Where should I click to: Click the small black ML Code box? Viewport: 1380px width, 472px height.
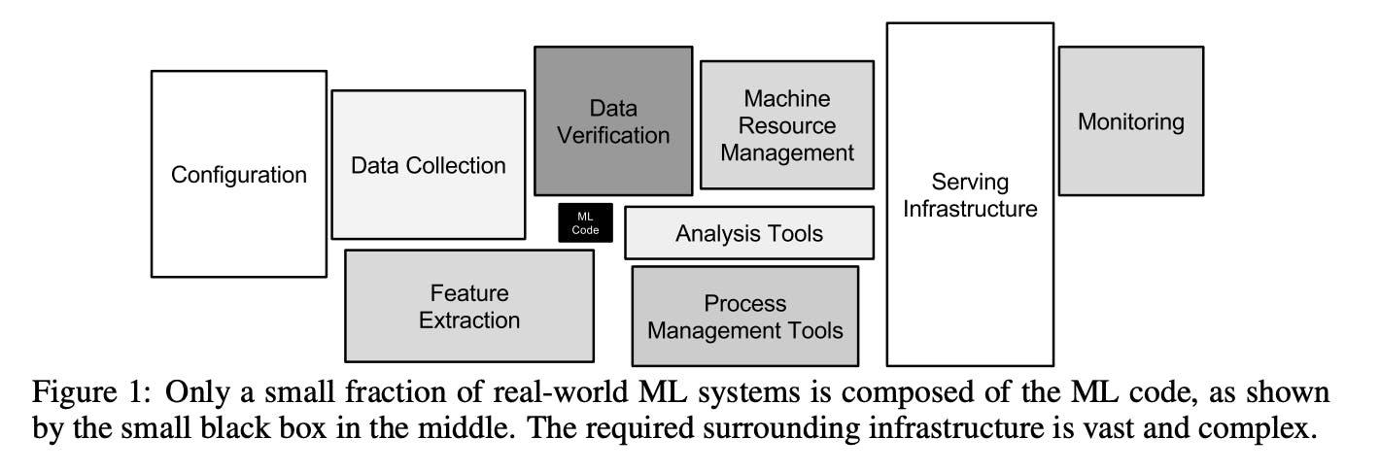coord(585,223)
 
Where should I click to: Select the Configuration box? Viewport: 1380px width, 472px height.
coord(238,175)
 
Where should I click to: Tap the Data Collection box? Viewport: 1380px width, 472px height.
coord(428,165)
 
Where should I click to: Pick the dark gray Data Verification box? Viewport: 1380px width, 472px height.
coord(613,120)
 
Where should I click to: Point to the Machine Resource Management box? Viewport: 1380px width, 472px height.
coord(787,125)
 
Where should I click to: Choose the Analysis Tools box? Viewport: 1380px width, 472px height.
coord(748,233)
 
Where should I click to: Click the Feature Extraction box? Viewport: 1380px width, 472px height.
coord(469,306)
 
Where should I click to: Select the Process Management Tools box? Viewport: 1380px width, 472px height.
coord(745,317)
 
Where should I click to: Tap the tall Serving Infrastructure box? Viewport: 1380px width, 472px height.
coord(970,194)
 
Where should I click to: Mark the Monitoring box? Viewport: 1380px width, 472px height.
coord(1130,121)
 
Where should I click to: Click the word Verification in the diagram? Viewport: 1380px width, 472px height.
coord(613,134)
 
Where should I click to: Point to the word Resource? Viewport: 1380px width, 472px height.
coord(787,125)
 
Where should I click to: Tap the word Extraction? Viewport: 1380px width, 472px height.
coord(469,320)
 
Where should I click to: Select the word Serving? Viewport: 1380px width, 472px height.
coord(970,182)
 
